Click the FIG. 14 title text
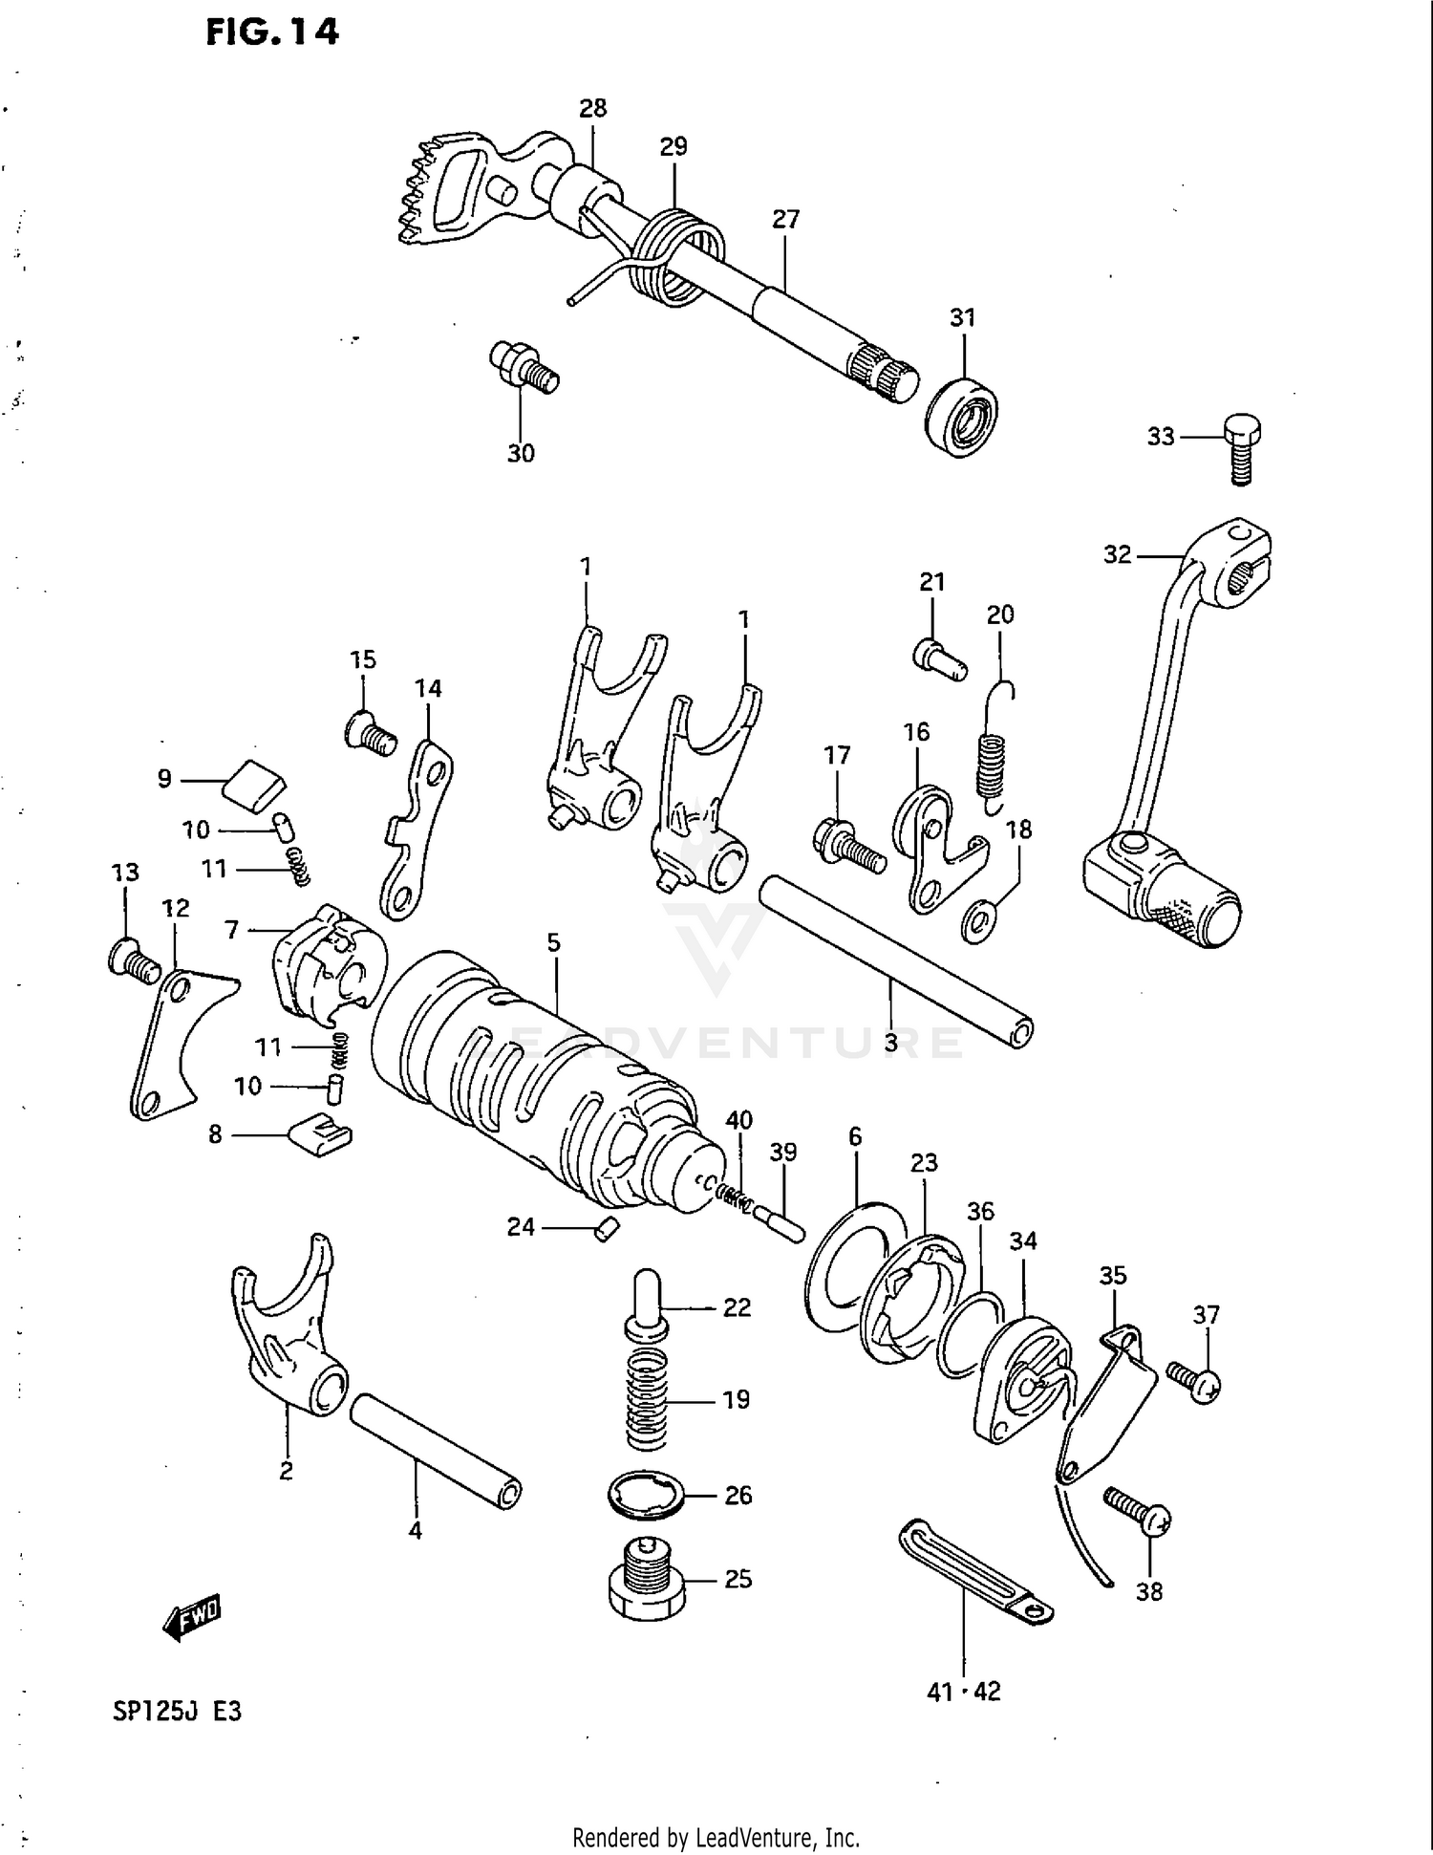point(271,33)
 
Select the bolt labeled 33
point(1240,446)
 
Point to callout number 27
point(785,220)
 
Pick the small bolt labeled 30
point(523,367)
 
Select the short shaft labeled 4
point(436,1451)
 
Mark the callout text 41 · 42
point(963,1692)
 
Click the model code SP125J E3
point(178,1711)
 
